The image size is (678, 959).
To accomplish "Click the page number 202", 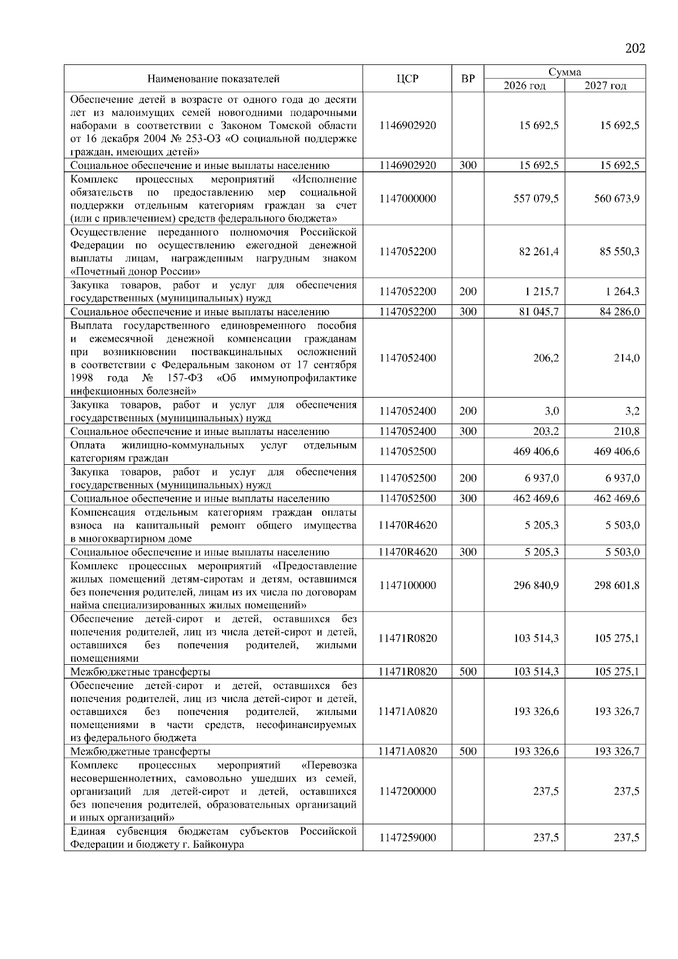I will pos(635,48).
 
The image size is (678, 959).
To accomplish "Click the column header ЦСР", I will pos(407,79).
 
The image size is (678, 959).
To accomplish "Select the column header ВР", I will pos(468,79).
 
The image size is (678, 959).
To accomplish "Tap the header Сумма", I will pos(564,72).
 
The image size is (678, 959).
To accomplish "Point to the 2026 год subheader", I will pos(524,85).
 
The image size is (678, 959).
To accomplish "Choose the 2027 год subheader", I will pos(605,85).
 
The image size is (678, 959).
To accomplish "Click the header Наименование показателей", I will pos(213,79).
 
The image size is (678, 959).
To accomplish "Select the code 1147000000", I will pos(407,199).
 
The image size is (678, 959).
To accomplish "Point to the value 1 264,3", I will pos(621,291).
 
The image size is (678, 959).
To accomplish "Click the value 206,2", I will pos(546,358).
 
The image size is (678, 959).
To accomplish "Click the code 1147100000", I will pos(407,585).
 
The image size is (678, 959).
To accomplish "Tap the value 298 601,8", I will pos(616,585).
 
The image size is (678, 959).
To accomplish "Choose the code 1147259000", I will pos(407,838).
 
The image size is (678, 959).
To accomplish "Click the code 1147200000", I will pos(407,791).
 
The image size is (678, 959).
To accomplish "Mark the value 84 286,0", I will pos(619,312).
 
